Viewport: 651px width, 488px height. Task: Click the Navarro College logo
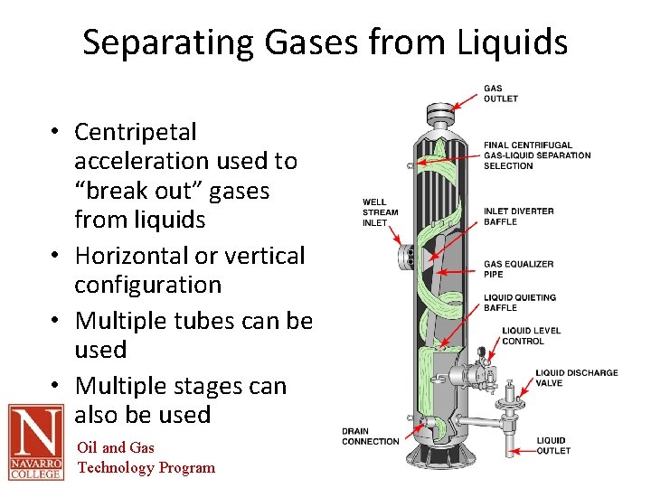(36, 442)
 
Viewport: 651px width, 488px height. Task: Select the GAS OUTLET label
(500, 94)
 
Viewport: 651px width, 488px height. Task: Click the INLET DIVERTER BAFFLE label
(518, 216)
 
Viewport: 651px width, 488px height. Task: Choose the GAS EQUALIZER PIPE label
(518, 268)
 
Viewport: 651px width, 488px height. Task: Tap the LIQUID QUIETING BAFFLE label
(519, 302)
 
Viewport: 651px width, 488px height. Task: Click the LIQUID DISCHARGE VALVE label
(576, 377)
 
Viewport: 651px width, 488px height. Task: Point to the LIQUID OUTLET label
(552, 446)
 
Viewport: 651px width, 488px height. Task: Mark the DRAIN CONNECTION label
(370, 436)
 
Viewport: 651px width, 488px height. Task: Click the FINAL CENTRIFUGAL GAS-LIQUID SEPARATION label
(536, 155)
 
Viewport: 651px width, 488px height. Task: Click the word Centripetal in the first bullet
(135, 132)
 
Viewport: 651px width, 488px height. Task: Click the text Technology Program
(146, 467)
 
